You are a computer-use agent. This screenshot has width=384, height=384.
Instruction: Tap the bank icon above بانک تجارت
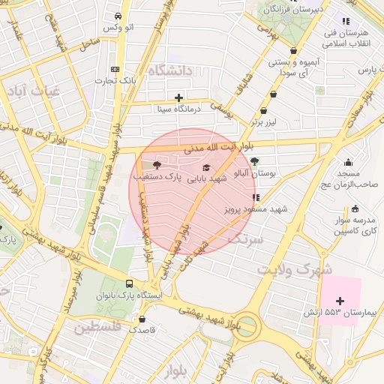(114, 68)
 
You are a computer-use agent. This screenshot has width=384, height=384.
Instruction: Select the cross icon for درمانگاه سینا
(178, 97)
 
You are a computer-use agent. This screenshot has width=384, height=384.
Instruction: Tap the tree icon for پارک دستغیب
(157, 165)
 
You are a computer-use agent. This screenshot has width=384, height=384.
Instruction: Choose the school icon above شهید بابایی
(207, 167)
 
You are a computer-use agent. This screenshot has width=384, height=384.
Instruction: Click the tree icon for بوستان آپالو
(254, 161)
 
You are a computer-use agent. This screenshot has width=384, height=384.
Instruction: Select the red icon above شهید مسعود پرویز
(256, 198)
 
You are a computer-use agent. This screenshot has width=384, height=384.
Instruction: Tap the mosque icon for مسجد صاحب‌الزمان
(348, 163)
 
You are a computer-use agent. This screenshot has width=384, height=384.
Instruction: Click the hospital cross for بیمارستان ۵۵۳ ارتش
(340, 300)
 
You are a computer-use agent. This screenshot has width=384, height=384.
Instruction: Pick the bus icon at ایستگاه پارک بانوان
(130, 284)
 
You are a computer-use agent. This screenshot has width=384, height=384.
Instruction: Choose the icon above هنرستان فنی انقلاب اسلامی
(345, 22)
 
